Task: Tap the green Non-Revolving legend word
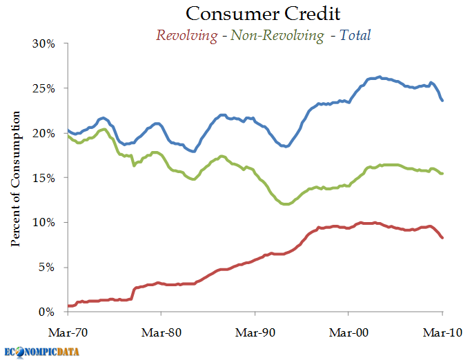(x=276, y=34)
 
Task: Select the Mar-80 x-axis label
(x=161, y=331)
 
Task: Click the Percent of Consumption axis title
(x=15, y=178)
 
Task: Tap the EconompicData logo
(x=41, y=351)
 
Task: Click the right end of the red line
(x=442, y=237)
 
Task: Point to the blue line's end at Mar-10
(x=442, y=101)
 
